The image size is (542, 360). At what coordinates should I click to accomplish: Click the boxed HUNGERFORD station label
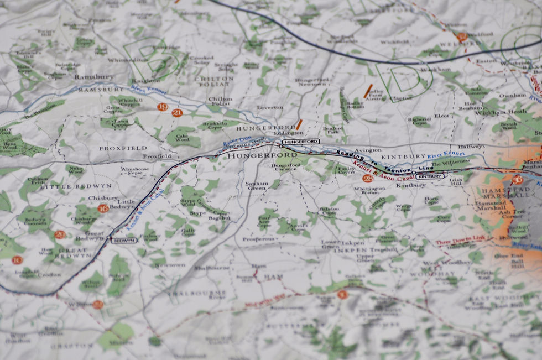301,142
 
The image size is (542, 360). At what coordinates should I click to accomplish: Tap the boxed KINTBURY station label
429,176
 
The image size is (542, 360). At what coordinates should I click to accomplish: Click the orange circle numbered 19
162,107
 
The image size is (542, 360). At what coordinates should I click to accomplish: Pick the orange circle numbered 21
177,113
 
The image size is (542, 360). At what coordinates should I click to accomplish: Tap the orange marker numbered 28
368,178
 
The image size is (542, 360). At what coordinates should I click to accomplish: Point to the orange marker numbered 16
103,208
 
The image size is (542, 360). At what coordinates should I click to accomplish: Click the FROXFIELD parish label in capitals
123,148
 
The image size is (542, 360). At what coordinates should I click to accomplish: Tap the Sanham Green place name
257,186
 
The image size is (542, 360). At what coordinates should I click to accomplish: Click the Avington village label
368,150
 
